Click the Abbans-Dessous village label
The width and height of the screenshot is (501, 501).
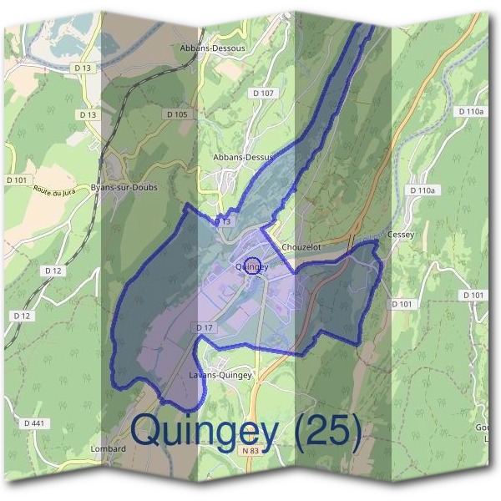click(x=212, y=48)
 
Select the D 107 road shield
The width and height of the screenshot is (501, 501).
click(x=263, y=93)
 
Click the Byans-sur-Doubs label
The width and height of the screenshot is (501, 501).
click(x=124, y=188)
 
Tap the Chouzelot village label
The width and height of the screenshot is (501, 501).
click(x=301, y=248)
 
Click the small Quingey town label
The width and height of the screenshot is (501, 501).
click(x=251, y=267)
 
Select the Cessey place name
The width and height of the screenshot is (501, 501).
click(x=401, y=235)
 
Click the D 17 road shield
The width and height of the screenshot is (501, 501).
click(x=205, y=328)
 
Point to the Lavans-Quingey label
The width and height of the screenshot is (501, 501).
click(x=220, y=375)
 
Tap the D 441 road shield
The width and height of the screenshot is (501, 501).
click(x=34, y=423)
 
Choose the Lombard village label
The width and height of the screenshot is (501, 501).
click(x=107, y=448)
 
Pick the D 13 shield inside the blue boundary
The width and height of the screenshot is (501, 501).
click(x=222, y=222)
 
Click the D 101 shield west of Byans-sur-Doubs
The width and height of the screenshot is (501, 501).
click(x=16, y=180)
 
